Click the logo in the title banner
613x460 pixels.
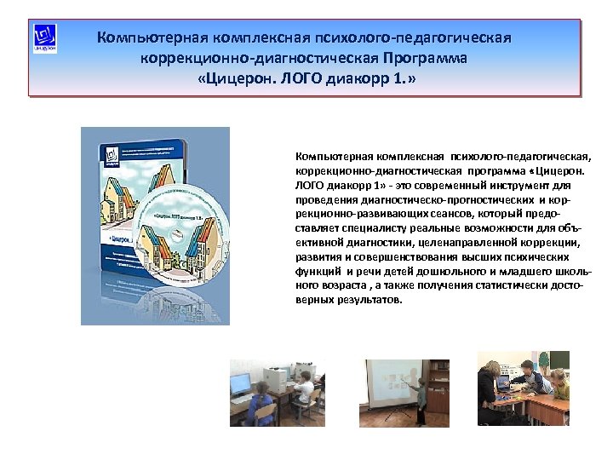click(x=46, y=39)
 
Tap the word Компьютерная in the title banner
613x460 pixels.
click(x=149, y=38)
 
